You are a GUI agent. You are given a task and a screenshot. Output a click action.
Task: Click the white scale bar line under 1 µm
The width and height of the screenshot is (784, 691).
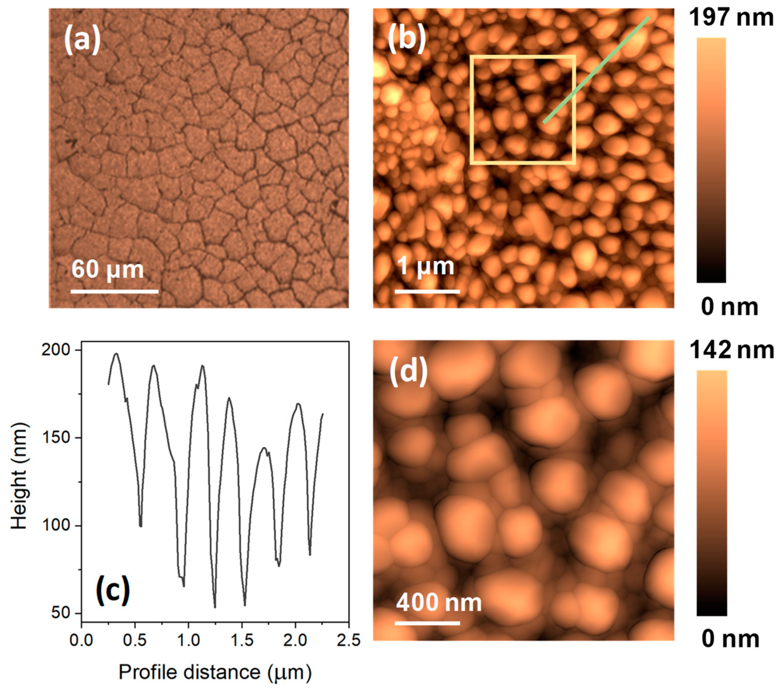coord(427,292)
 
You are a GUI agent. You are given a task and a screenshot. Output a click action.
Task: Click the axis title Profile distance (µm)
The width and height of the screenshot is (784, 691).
coord(215,672)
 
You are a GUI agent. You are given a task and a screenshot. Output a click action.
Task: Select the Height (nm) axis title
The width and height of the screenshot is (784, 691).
coord(19,477)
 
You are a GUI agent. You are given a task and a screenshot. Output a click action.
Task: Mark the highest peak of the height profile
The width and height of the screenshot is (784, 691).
coord(116,354)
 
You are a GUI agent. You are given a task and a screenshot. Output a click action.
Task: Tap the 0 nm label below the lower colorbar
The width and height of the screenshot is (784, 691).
coord(730,639)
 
